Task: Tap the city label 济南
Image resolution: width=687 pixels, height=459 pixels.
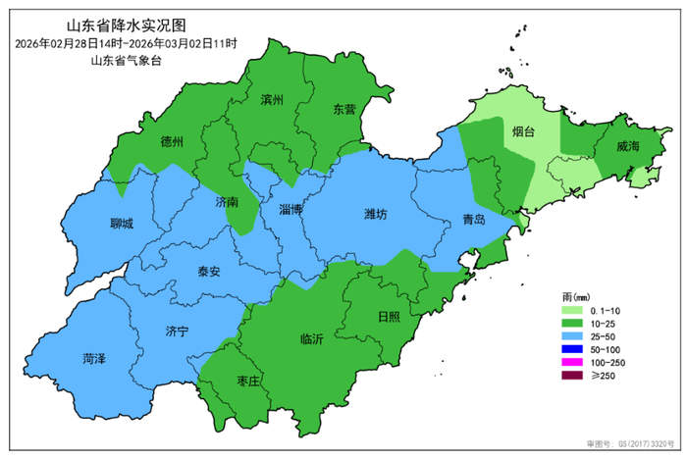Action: click(226, 201)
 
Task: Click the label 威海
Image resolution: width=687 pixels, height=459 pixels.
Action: click(627, 146)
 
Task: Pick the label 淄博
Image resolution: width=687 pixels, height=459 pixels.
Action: click(291, 210)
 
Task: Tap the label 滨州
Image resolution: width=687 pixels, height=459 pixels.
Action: click(272, 100)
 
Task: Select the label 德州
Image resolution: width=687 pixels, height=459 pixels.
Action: click(172, 141)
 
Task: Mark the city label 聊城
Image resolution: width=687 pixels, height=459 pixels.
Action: click(121, 224)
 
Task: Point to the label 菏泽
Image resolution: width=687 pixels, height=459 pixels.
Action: click(95, 359)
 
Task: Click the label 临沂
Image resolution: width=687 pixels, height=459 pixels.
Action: click(311, 339)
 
